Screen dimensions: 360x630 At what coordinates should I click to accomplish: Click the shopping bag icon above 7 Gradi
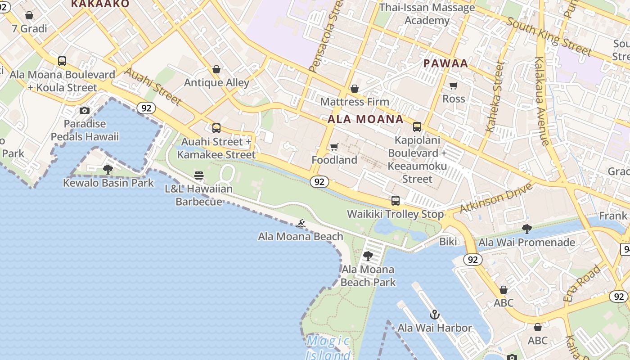tap(29, 16)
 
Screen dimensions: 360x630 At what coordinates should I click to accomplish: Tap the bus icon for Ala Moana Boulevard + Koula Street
tap(62, 61)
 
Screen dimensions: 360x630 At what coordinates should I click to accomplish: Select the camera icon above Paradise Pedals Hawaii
tap(84, 110)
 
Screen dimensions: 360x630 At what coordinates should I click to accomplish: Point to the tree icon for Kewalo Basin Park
tap(108, 169)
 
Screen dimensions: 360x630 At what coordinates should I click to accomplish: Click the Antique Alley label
tap(216, 82)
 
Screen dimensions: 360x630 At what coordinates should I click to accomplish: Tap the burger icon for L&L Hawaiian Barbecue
tap(199, 175)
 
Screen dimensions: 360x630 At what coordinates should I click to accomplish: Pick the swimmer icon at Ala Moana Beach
tap(301, 223)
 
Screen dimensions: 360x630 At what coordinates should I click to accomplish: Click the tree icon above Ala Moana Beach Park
tap(368, 256)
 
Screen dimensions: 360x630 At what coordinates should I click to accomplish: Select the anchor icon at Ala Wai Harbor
tap(434, 314)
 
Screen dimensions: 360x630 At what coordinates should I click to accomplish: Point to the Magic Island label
tap(328, 348)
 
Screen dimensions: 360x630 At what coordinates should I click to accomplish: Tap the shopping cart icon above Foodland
tap(334, 147)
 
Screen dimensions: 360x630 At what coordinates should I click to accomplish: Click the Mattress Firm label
tap(355, 102)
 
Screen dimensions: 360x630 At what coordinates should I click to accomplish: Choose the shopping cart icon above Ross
tap(454, 85)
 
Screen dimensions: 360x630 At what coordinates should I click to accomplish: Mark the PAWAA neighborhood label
tap(445, 63)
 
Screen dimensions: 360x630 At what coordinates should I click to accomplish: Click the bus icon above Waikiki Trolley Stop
tap(396, 200)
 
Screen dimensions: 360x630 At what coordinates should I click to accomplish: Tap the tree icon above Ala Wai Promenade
tap(526, 229)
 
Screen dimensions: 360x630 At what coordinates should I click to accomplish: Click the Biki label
tap(448, 242)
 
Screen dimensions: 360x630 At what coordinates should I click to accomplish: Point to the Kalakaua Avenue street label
tap(542, 101)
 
